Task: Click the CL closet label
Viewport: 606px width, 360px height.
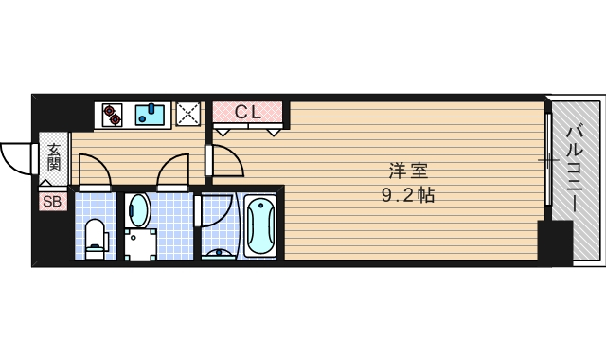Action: [248, 112]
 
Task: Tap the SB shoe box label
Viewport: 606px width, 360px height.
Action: [53, 201]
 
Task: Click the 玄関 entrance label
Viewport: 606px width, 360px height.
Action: [54, 156]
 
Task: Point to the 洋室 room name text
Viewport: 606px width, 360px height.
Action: [408, 172]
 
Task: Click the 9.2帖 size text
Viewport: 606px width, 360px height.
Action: [408, 197]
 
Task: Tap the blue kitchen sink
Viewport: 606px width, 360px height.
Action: [151, 116]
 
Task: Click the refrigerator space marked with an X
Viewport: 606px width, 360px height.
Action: [188, 115]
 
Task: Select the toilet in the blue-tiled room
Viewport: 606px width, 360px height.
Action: [95, 237]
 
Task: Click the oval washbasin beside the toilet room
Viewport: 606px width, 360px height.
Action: [138, 209]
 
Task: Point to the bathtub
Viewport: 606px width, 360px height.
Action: [259, 226]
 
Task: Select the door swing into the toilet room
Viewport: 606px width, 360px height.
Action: [95, 171]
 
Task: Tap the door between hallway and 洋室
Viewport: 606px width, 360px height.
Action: [225, 161]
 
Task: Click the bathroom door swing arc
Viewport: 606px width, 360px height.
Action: [213, 210]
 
